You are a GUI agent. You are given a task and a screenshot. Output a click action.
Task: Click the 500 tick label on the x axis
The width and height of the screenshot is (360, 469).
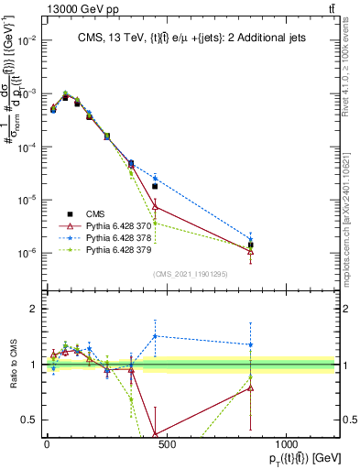[166, 443]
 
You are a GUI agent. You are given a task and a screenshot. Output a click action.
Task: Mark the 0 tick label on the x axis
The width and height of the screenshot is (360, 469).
[47, 443]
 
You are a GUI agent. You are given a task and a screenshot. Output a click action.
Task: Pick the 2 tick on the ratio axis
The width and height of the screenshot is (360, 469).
[34, 310]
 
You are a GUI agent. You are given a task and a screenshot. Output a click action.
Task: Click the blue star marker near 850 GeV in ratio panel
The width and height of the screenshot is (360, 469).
[251, 345]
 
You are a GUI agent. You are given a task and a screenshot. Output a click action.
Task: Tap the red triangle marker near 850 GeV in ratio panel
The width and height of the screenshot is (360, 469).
[251, 387]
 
